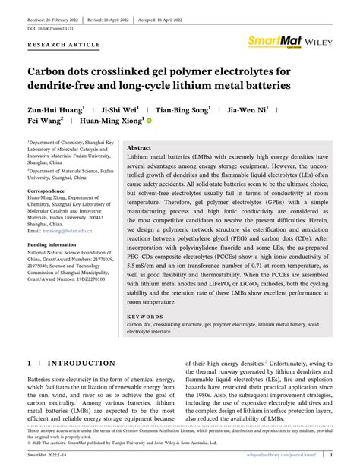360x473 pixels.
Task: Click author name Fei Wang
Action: (x=46, y=119)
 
